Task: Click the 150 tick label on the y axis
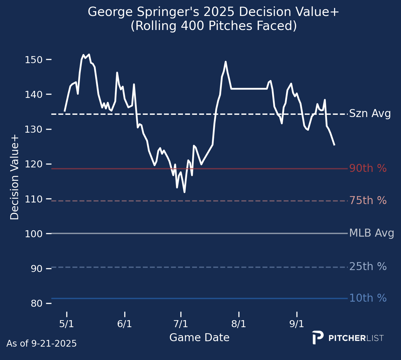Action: tap(33, 60)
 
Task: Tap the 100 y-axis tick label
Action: tap(33, 234)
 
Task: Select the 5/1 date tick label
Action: tap(67, 324)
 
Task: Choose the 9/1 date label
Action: tap(297, 324)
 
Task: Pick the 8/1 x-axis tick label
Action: tap(239, 324)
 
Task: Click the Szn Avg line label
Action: tap(370, 114)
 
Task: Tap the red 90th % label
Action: tap(368, 168)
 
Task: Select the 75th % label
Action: tap(368, 201)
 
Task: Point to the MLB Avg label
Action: tap(372, 233)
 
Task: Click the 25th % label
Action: tap(368, 267)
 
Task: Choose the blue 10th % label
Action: tap(368, 298)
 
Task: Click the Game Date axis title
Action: tap(199, 338)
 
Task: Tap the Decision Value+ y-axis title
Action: tap(15, 177)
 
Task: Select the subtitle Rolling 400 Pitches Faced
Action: tap(214, 26)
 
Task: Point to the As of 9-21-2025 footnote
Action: tap(41, 344)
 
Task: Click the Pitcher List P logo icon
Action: tap(317, 338)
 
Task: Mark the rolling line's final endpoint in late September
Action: tap(334, 145)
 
